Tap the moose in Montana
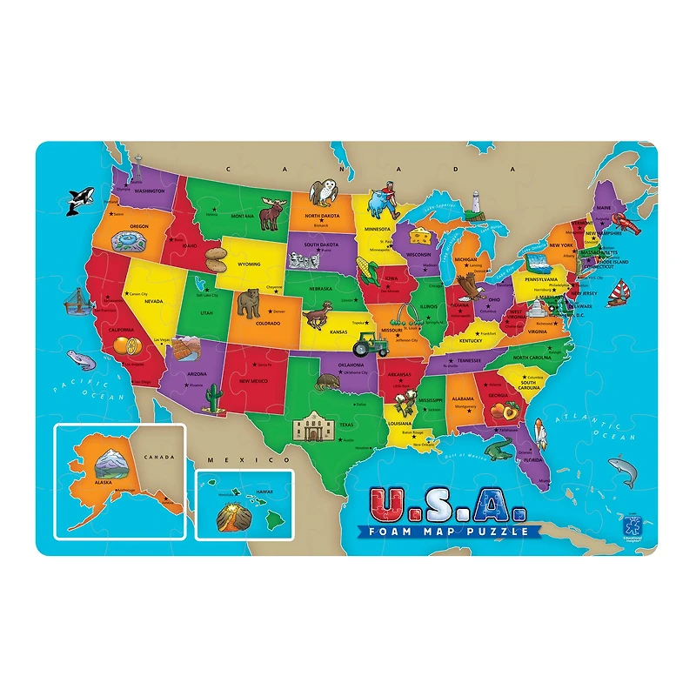273,213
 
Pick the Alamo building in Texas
310,427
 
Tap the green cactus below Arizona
212,398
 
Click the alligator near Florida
499,450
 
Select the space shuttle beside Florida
540,432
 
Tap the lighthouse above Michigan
477,202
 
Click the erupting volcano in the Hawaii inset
231,518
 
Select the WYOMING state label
249,264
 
